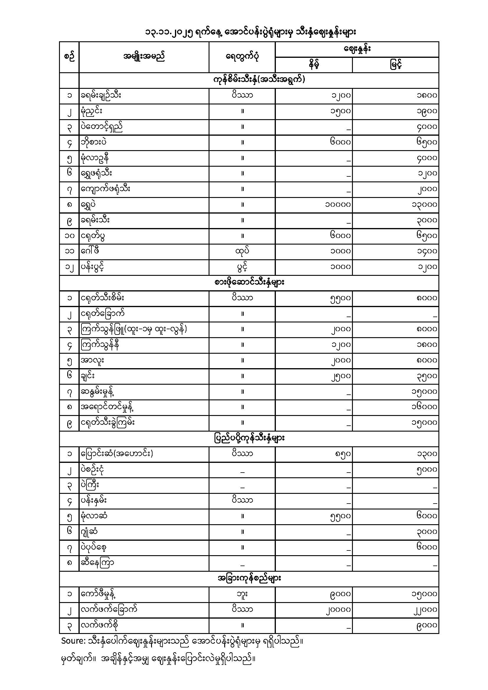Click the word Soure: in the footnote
(73, 641)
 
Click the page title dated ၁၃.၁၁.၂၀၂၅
(250, 32)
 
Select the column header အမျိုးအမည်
(144, 57)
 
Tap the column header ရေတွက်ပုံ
(242, 57)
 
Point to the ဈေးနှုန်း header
(357, 49)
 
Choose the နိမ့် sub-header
(314, 65)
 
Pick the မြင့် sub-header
(396, 65)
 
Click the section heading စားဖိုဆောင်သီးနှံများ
(249, 283)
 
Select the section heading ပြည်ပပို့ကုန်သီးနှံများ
(249, 438)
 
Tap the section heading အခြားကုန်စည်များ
(249, 578)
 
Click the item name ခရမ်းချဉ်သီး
(101, 96)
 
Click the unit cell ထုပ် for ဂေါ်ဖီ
(242, 251)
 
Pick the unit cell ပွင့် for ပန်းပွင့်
(242, 267)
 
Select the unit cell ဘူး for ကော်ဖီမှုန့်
(242, 594)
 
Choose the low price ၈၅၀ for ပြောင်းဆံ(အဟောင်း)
(343, 454)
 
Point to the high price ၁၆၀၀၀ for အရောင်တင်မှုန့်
(424, 407)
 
